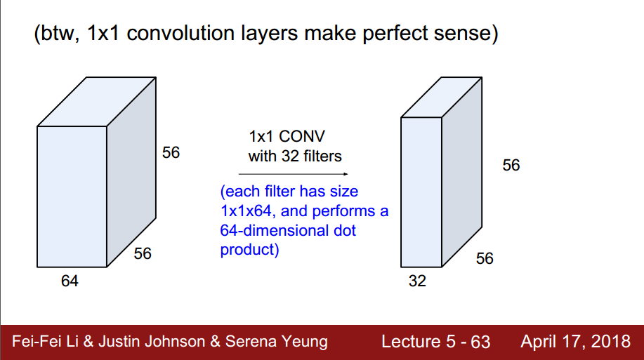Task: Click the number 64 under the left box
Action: click(70, 281)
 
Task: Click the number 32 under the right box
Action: click(417, 281)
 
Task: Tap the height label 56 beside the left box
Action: click(171, 152)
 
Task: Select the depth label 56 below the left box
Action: click(143, 253)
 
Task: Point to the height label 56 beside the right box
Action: click(511, 165)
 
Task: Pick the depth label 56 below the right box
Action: click(485, 258)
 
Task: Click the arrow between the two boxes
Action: click(292, 173)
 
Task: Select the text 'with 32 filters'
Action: click(295, 156)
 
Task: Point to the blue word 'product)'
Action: click(250, 249)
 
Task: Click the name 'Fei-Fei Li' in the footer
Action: click(44, 342)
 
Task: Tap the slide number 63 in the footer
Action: click(480, 342)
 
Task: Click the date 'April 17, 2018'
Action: click(575, 342)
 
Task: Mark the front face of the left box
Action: click(72, 196)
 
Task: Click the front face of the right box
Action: click(421, 193)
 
